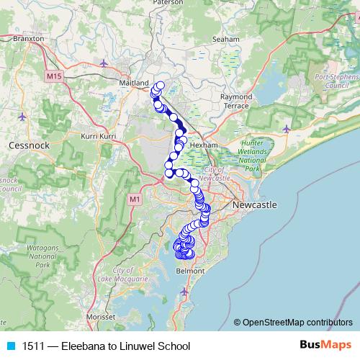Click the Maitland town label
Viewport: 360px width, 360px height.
point(134,84)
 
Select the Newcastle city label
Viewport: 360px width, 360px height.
point(254,205)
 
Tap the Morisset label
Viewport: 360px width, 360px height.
point(101,316)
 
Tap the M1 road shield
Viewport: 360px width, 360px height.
point(134,199)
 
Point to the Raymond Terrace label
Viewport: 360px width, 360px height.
point(236,101)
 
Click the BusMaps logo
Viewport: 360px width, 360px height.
point(325,346)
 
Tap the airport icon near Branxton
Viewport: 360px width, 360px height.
point(105,62)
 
